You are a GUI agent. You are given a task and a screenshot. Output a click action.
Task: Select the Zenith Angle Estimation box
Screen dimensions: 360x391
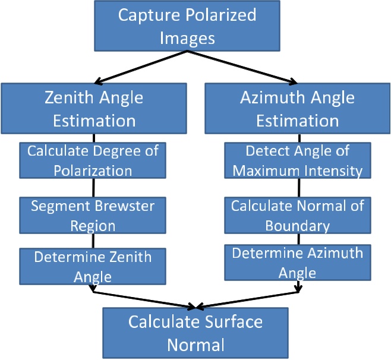[94, 108]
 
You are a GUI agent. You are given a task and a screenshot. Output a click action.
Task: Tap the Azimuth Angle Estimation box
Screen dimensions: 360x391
[298, 108]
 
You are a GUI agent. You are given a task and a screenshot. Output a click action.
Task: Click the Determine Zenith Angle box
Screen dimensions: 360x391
[93, 266]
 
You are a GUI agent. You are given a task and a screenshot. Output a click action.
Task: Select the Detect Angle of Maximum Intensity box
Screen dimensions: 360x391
[297, 160]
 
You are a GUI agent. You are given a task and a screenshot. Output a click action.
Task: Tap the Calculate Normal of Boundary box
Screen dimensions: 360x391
[297, 215]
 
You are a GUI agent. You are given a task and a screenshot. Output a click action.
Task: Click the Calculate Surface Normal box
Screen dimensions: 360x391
[195, 333]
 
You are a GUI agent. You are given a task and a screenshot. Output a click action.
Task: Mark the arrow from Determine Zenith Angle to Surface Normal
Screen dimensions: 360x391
[143, 299]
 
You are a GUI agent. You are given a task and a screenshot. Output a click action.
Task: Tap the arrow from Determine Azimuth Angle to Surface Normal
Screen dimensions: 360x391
[247, 299]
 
